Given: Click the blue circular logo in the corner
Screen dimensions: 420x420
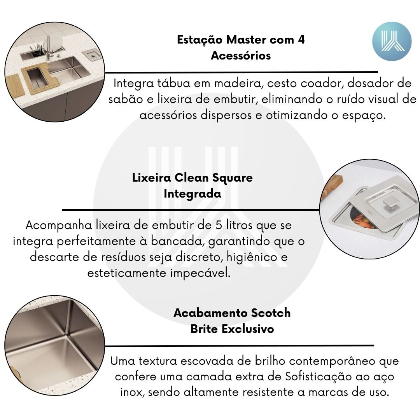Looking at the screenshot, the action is point(392,41).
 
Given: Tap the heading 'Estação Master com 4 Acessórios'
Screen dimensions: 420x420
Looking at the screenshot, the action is point(241,47).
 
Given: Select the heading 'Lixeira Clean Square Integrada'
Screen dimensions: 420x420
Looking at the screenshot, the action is point(192,185).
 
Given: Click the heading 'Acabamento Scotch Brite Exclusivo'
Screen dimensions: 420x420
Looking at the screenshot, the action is point(232,320).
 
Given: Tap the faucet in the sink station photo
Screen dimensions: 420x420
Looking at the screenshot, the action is point(49,48).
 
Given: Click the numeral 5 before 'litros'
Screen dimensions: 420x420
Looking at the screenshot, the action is point(219,225).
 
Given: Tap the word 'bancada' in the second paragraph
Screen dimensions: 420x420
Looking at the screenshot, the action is point(176,241).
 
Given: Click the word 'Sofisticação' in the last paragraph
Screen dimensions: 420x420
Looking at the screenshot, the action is point(318,376).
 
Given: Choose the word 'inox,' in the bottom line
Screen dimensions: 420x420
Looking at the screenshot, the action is point(132,392).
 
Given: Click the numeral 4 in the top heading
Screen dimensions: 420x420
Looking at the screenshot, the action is point(301,40).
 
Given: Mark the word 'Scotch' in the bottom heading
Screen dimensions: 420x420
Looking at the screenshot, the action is point(271,313).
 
